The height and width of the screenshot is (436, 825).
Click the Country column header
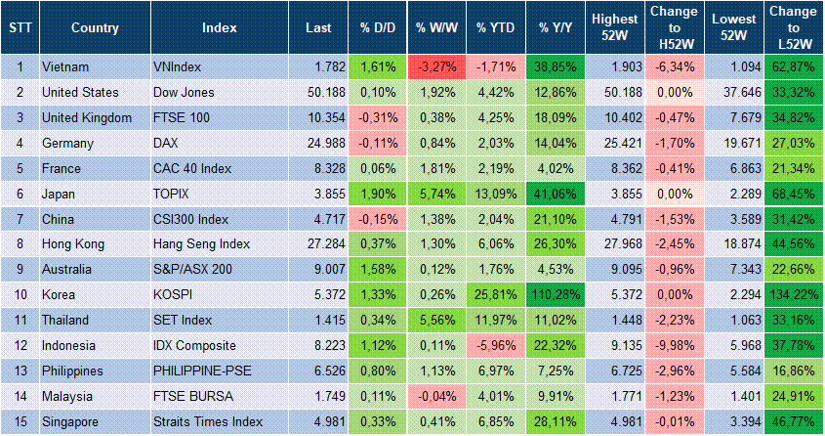(95, 26)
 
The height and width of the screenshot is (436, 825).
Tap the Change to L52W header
(794, 26)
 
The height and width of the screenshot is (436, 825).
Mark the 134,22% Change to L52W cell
(794, 294)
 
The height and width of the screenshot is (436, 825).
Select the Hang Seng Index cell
(202, 243)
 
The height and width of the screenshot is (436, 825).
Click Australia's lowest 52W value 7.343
(734, 269)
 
